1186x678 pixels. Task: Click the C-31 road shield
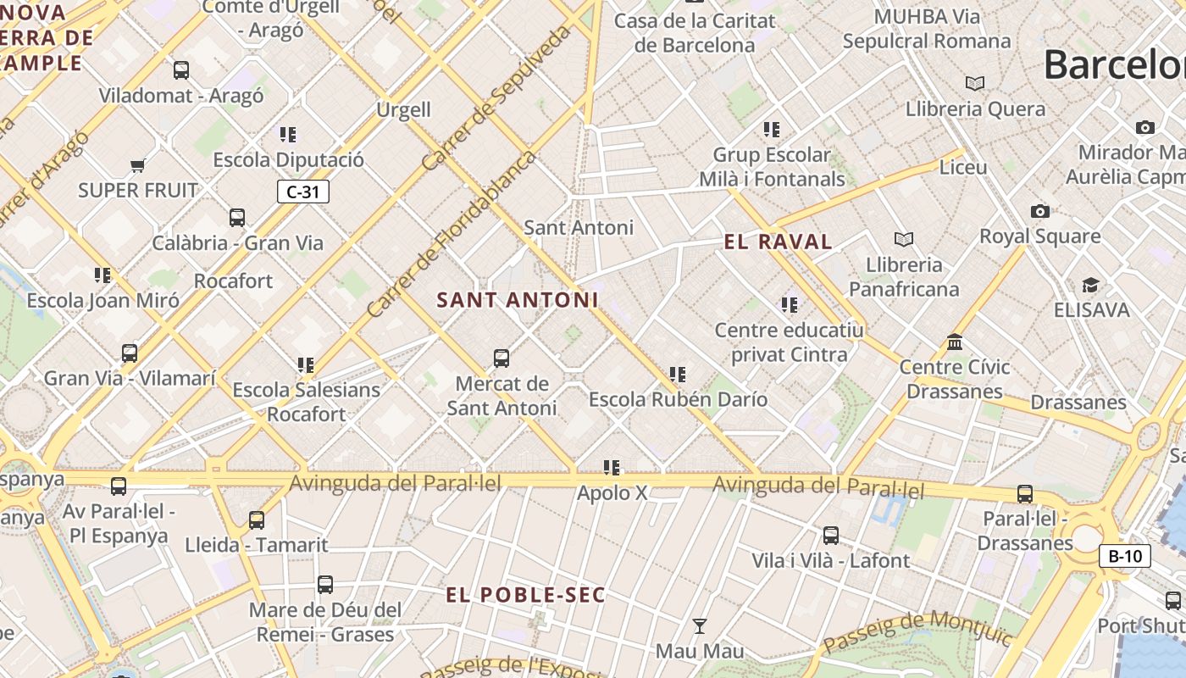(x=302, y=192)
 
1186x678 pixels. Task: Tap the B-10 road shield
(x=1125, y=556)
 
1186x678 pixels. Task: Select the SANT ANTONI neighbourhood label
(x=518, y=299)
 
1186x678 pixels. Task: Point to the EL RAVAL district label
(x=778, y=242)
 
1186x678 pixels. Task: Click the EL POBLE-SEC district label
(x=526, y=595)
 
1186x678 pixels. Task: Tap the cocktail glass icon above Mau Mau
(x=700, y=626)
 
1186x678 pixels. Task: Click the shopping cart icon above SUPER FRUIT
(x=137, y=165)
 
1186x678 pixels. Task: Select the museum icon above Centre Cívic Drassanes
(x=955, y=342)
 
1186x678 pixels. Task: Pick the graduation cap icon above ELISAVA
(x=1090, y=285)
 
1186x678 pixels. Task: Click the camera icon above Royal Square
(x=1040, y=211)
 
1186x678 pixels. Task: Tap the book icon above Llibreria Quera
(x=975, y=83)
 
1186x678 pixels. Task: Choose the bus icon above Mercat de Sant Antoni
(x=502, y=358)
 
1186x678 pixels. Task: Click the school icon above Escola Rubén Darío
(x=678, y=374)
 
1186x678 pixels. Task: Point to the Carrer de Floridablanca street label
(x=452, y=235)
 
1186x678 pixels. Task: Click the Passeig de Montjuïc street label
(x=917, y=631)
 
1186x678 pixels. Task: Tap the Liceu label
(x=963, y=167)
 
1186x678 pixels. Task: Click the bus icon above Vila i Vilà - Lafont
(x=831, y=536)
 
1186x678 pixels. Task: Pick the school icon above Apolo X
(x=612, y=468)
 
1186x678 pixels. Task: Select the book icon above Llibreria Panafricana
(x=904, y=240)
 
